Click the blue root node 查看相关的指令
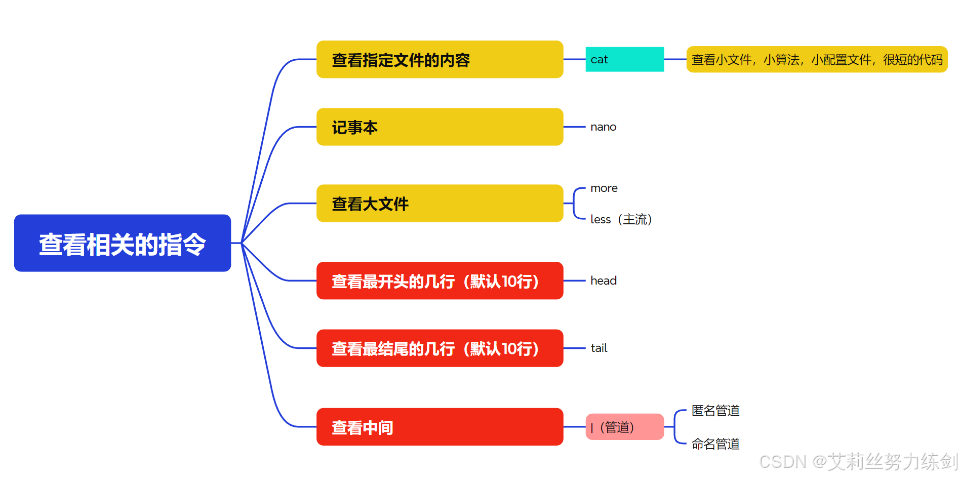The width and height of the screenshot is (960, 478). pyautogui.click(x=123, y=244)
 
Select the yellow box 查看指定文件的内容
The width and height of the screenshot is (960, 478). pyautogui.click(x=439, y=60)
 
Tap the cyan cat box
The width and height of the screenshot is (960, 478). pyautogui.click(x=624, y=60)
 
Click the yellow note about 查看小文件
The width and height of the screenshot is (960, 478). pyautogui.click(x=816, y=60)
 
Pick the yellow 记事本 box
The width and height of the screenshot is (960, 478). pyautogui.click(x=439, y=127)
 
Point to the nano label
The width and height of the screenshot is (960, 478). pyautogui.click(x=603, y=127)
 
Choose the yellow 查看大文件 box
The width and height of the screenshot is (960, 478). pyautogui.click(x=439, y=204)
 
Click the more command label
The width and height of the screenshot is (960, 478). pyautogui.click(x=604, y=188)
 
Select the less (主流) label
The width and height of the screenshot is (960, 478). pyautogui.click(x=621, y=219)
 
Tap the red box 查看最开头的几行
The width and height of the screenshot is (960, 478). pyautogui.click(x=439, y=281)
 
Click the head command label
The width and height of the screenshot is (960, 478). pyautogui.click(x=603, y=281)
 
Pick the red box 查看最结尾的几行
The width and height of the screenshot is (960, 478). pyautogui.click(x=439, y=348)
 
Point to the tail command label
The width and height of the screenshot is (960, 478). pyautogui.click(x=598, y=348)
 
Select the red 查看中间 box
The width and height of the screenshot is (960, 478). pyautogui.click(x=439, y=427)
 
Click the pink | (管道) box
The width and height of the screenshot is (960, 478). pyautogui.click(x=624, y=427)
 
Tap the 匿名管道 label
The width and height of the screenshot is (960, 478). pyautogui.click(x=715, y=411)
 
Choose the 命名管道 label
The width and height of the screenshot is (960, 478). pyautogui.click(x=715, y=444)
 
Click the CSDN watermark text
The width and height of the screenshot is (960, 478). pyautogui.click(x=858, y=462)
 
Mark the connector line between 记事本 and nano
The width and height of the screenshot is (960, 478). pyautogui.click(x=574, y=127)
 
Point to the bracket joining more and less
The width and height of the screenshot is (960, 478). pyautogui.click(x=574, y=204)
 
